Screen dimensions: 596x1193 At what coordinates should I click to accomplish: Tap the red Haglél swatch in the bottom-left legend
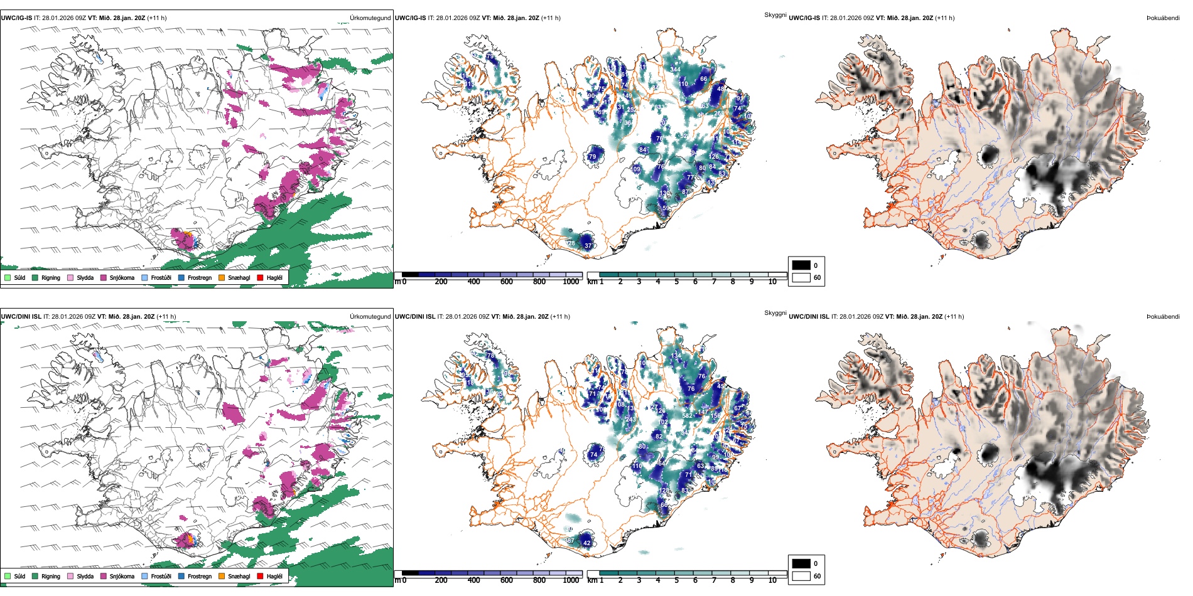pos(260,576)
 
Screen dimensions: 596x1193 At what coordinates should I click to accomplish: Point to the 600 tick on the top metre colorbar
pos(507,282)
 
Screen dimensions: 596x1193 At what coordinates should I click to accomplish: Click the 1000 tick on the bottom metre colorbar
pos(571,580)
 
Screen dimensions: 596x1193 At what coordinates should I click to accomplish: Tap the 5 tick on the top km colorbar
pos(677,282)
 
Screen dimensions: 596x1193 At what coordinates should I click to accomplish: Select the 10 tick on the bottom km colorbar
pos(772,580)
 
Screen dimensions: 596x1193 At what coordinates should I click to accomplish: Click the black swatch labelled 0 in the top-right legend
pos(801,265)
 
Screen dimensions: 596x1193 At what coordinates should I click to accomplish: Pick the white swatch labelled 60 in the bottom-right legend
pos(801,576)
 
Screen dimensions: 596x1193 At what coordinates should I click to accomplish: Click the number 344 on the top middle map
pos(675,70)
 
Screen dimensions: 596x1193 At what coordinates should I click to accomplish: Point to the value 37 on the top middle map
pos(588,246)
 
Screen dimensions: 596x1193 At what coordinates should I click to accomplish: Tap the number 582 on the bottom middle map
pos(687,415)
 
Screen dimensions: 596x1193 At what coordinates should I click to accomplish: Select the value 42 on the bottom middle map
pos(587,543)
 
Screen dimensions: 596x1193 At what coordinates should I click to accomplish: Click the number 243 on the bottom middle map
pos(630,419)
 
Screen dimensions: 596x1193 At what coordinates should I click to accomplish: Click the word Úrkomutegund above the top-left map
pos(370,18)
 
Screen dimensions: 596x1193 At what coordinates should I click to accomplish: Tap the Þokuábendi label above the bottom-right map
pos(1163,317)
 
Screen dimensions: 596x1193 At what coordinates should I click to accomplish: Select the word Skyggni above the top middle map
pos(775,14)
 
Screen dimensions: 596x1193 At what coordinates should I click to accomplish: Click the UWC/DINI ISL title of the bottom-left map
pos(21,317)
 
